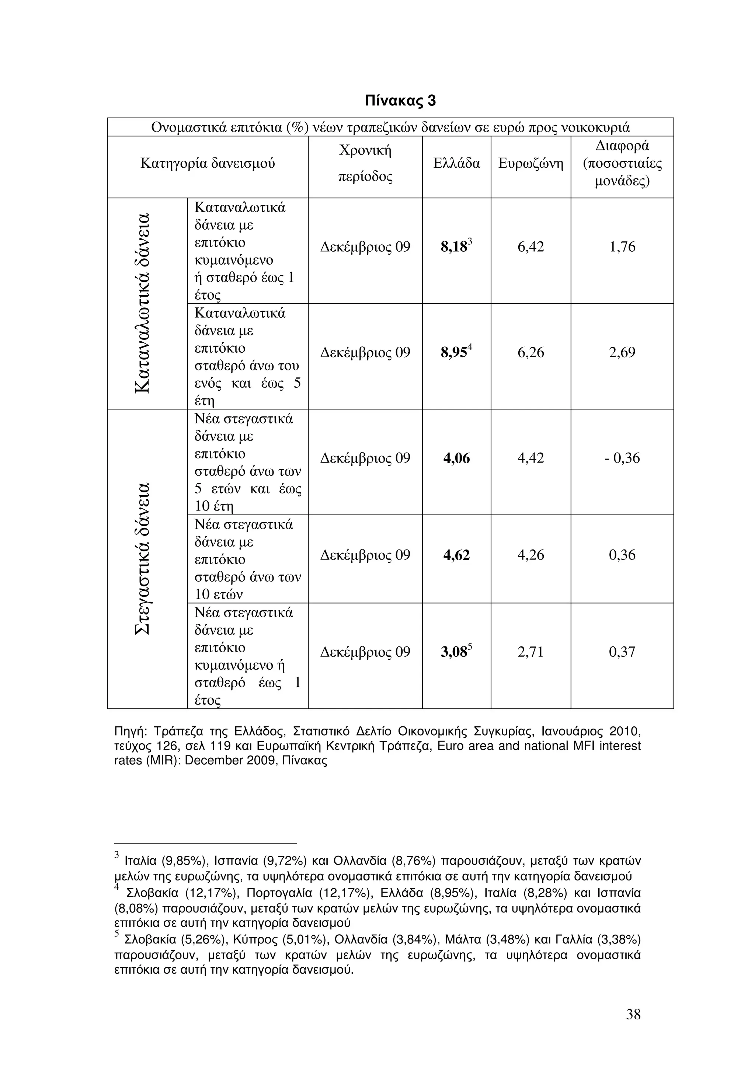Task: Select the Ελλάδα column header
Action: [456, 163]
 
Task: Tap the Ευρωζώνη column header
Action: [530, 163]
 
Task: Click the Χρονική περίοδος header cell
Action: [365, 163]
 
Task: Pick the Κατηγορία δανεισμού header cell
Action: [208, 163]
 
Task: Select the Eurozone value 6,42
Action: [530, 247]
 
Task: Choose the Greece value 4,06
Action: [456, 459]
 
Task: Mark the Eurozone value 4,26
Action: [530, 555]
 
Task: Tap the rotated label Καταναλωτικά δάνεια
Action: [142, 303]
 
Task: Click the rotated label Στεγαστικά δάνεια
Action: [142, 558]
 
